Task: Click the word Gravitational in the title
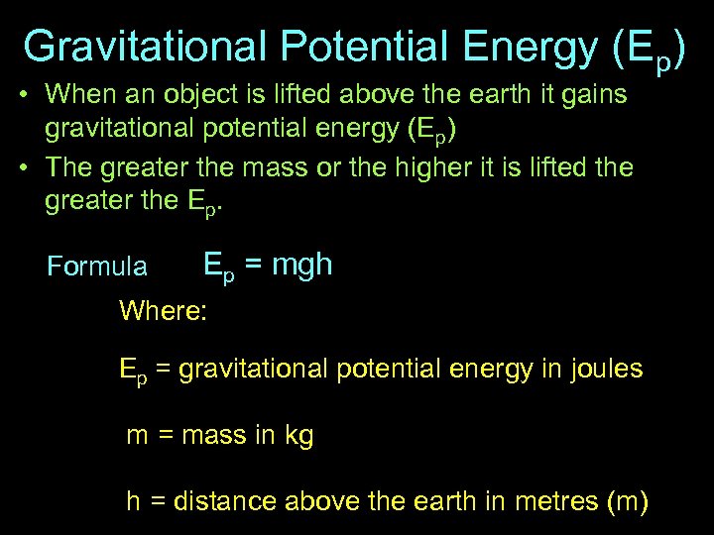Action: click(145, 47)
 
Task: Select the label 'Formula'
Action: click(97, 267)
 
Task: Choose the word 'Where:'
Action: click(163, 311)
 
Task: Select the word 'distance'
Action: click(225, 502)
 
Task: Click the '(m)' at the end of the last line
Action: click(627, 502)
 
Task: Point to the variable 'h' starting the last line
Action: click(133, 502)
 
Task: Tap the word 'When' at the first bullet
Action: click(76, 94)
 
